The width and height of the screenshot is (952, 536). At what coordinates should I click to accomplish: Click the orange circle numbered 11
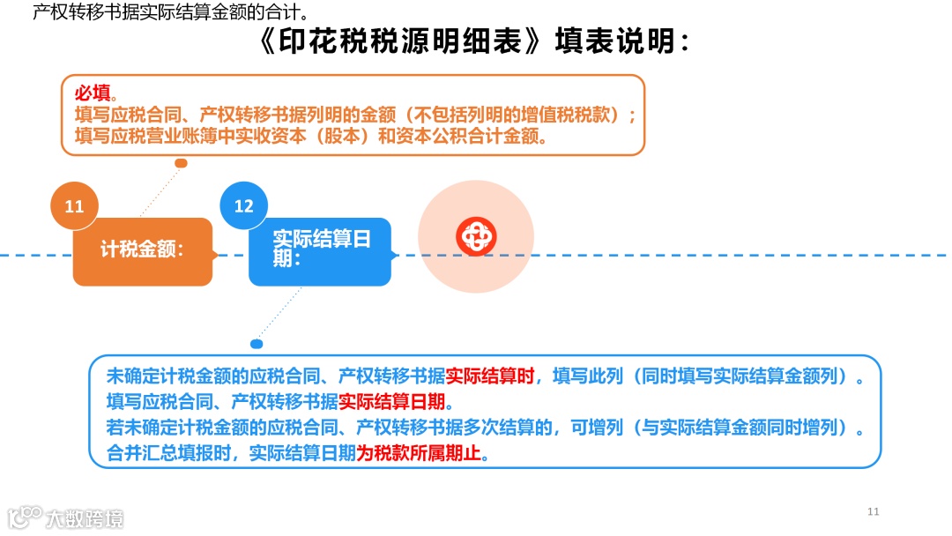[x=74, y=206]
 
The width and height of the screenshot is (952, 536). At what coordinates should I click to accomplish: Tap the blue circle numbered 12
[x=243, y=206]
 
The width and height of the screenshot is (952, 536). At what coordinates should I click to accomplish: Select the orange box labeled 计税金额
[x=142, y=250]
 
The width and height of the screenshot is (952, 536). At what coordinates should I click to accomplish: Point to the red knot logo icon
[x=476, y=236]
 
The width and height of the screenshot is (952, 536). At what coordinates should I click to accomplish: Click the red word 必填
[x=93, y=93]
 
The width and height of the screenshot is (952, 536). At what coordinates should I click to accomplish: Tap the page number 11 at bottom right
[x=874, y=511]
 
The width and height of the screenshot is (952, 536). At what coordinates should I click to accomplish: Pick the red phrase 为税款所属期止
[x=421, y=453]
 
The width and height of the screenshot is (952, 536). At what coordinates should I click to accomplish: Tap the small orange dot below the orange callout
[x=181, y=163]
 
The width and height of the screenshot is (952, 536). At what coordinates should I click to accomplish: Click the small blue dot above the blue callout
[x=257, y=344]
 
